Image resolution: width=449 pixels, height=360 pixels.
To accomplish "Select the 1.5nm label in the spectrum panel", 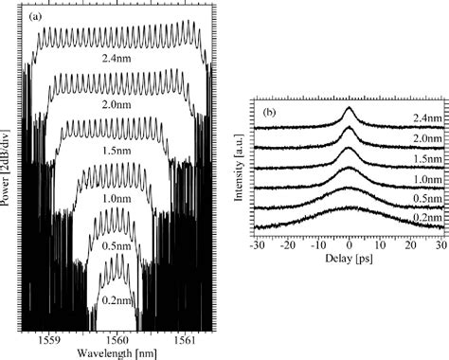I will (x=120, y=150).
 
